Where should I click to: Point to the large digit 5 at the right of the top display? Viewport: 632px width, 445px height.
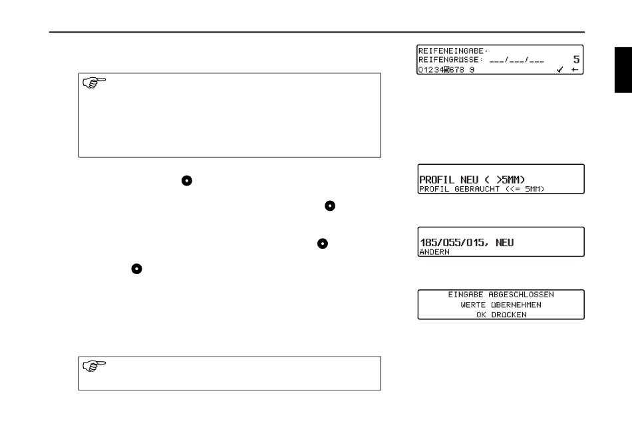(576, 59)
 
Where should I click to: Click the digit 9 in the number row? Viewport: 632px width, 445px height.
(472, 69)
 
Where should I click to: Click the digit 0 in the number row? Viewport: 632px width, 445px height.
(420, 69)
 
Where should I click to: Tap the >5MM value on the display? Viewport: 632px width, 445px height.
(506, 180)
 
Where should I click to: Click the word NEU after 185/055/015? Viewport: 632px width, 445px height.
(504, 243)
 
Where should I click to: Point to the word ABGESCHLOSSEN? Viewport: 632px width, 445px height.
(522, 294)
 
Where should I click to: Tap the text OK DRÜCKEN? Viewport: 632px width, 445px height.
(501, 314)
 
